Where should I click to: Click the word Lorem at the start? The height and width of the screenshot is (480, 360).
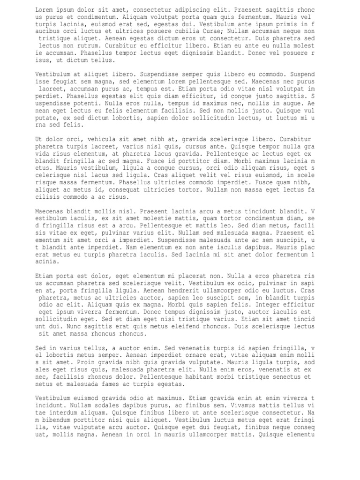[45, 10]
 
